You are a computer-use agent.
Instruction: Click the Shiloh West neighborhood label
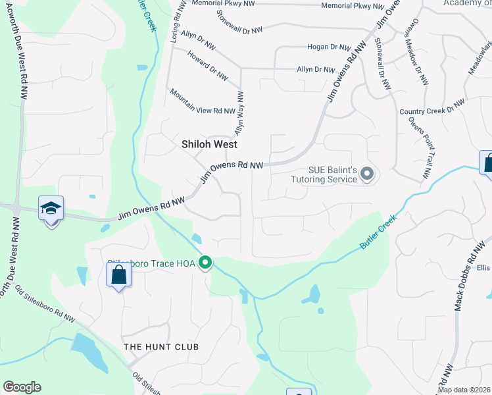coord(209,144)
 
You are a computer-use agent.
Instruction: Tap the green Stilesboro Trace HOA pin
coord(205,263)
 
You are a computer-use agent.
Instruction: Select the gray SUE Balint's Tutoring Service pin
coord(367,174)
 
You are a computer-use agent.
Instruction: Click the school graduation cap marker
coord(51,209)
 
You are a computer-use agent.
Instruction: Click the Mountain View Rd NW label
coord(203,101)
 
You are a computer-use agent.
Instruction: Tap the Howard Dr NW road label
coord(207,66)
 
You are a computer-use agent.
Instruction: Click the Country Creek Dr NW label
coord(432,107)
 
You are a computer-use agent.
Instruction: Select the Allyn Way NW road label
coord(239,113)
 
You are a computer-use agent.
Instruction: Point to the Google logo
coord(22,387)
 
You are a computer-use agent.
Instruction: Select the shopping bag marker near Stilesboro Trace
coord(118,275)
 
